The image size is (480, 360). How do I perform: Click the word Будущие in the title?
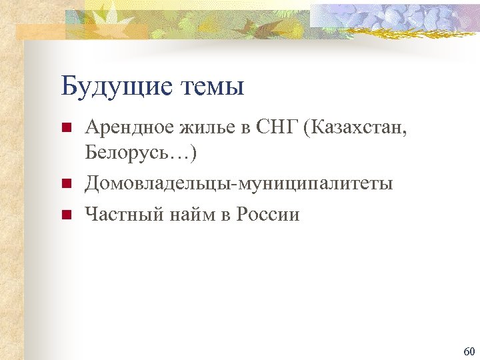click(x=111, y=87)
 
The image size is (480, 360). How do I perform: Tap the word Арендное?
click(x=126, y=127)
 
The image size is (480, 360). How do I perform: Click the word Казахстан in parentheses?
click(x=354, y=127)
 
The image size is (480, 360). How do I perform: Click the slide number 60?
click(x=468, y=351)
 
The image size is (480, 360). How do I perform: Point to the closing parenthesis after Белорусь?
click(x=193, y=153)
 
